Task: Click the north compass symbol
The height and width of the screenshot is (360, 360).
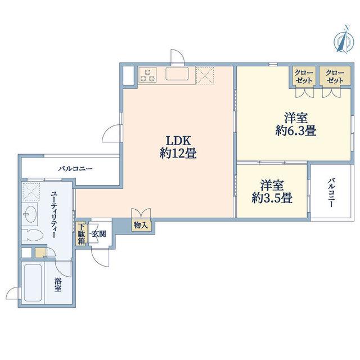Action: [x=344, y=40]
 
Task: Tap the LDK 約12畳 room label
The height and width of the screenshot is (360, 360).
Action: [x=178, y=147]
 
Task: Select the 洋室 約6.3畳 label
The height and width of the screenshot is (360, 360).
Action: [x=296, y=125]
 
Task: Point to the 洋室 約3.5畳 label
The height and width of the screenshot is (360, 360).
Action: [x=272, y=192]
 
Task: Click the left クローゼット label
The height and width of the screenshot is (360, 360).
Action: [x=304, y=76]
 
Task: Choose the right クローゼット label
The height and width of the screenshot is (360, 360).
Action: [x=335, y=76]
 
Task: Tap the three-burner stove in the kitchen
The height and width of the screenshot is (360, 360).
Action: [x=147, y=75]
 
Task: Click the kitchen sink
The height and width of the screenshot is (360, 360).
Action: [x=177, y=74]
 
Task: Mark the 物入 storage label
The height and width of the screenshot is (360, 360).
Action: [x=141, y=225]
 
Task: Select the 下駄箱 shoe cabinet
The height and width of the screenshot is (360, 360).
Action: [x=81, y=234]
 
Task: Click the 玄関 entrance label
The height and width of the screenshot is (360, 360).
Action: [x=99, y=234]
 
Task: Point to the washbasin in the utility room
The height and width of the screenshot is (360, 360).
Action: [x=30, y=214]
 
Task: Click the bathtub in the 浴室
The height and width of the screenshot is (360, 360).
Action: [x=33, y=282]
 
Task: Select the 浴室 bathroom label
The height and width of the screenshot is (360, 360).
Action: [x=58, y=285]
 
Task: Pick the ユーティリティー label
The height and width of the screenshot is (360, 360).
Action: [x=54, y=214]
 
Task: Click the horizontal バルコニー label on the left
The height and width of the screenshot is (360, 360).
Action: [x=75, y=169]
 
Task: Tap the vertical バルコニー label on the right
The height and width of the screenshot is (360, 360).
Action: [x=331, y=192]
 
